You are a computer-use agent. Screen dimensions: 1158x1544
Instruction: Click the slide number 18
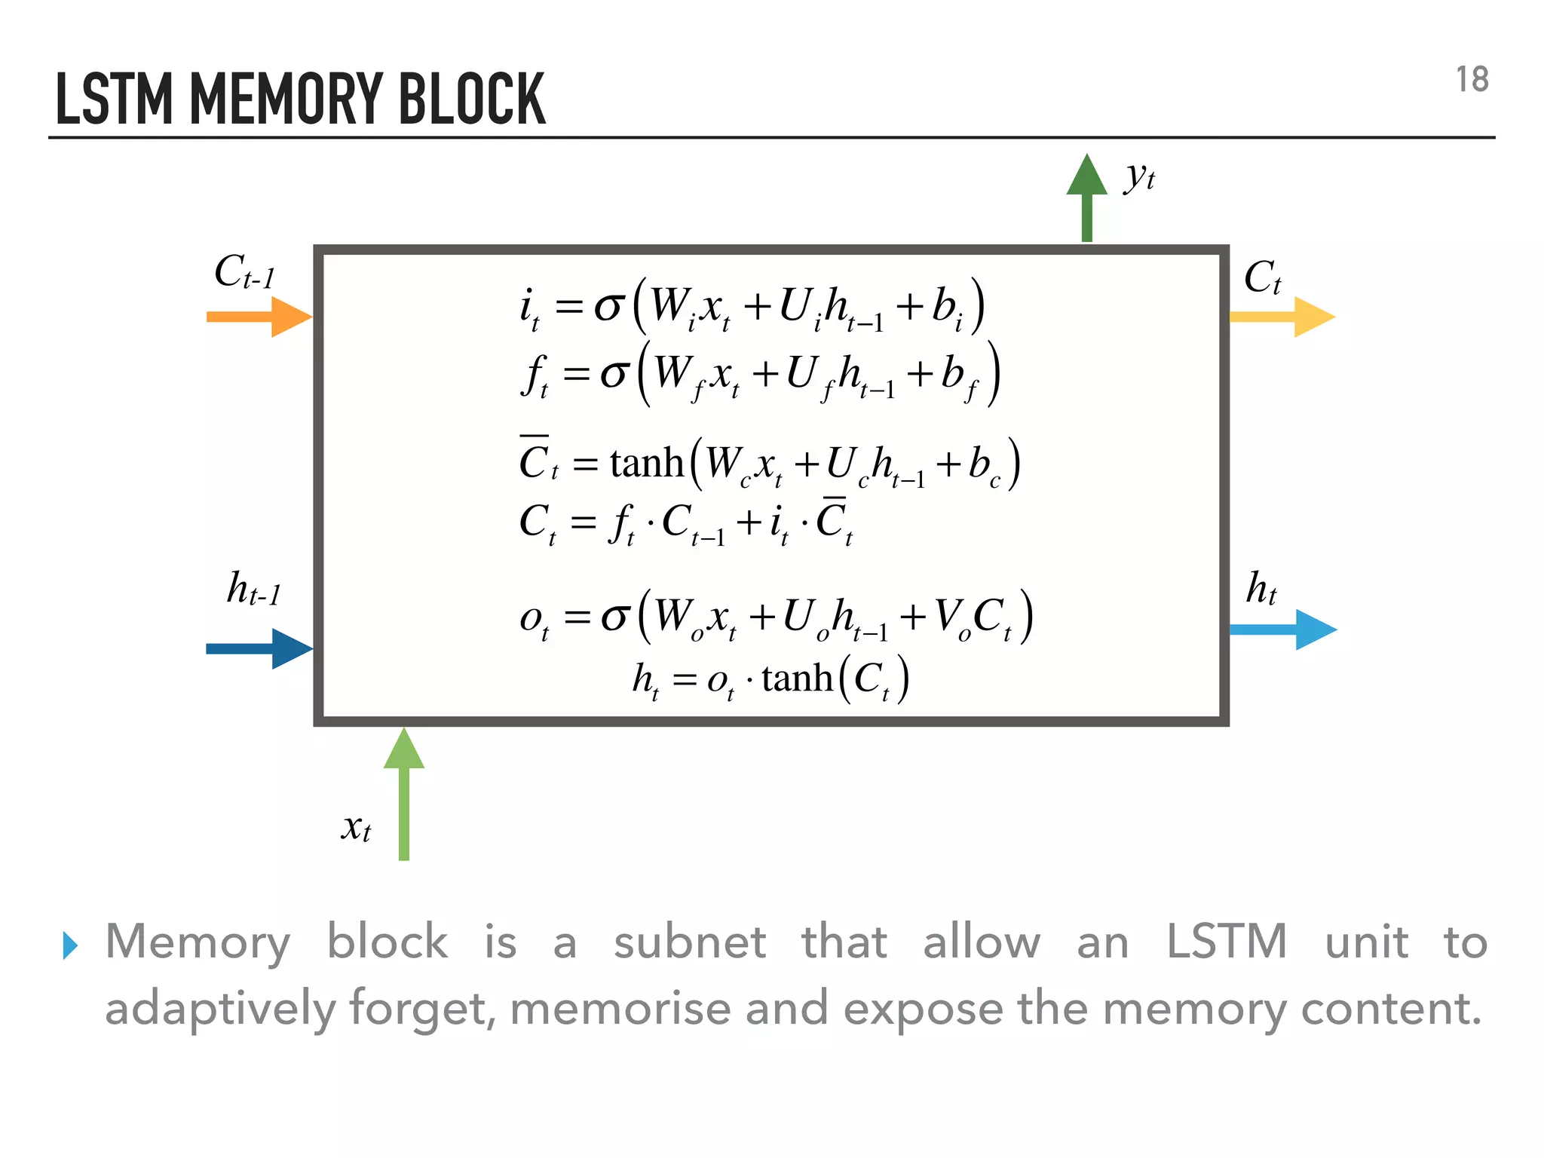click(x=1471, y=80)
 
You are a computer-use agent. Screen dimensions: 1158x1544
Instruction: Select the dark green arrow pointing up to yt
click(x=1086, y=198)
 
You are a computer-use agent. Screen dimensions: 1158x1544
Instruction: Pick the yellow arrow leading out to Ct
click(x=1282, y=317)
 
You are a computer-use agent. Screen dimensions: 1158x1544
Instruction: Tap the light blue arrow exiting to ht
click(x=1282, y=630)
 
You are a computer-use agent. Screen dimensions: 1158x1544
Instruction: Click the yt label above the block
click(x=1139, y=177)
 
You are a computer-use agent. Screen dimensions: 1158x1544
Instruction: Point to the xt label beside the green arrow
click(x=356, y=827)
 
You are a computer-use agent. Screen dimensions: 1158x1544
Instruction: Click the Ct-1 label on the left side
click(x=244, y=272)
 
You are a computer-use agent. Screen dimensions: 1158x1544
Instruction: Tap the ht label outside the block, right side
click(x=1261, y=589)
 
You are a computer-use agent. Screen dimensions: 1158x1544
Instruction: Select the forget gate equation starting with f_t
click(x=760, y=374)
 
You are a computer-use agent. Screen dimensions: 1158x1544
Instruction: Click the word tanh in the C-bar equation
click(x=646, y=463)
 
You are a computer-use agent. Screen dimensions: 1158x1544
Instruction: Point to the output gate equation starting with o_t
click(x=775, y=617)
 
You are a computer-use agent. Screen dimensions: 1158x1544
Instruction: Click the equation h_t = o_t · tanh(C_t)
click(x=770, y=679)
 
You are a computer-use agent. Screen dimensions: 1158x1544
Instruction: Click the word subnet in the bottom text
click(x=689, y=942)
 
